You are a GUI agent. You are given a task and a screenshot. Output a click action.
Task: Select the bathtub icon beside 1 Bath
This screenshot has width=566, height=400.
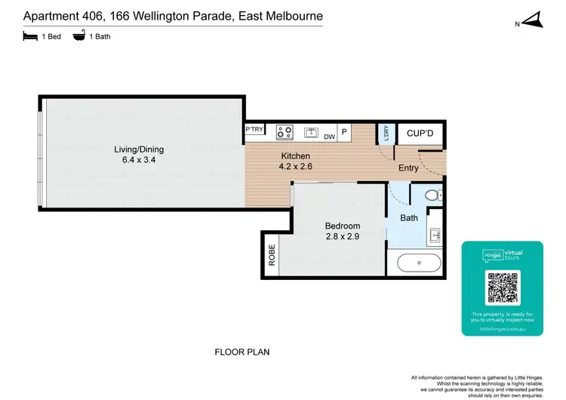click(x=78, y=35)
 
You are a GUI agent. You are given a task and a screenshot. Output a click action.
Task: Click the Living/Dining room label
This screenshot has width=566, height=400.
click(x=139, y=149)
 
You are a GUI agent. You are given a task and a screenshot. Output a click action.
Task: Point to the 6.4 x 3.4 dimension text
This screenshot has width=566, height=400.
click(x=139, y=160)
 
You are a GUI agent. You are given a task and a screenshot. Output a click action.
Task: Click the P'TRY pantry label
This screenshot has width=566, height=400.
click(x=255, y=131)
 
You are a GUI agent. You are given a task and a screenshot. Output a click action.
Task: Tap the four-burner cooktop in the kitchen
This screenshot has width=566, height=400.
click(x=285, y=132)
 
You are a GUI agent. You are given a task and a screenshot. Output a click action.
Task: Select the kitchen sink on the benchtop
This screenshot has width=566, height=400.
click(x=312, y=132)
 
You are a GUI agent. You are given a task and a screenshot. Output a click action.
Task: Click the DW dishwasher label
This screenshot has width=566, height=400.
click(x=329, y=137)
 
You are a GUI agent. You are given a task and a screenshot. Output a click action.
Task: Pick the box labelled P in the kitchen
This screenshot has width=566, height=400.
click(x=343, y=132)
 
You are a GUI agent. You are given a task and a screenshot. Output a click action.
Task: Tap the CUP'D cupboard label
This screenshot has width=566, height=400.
click(x=420, y=134)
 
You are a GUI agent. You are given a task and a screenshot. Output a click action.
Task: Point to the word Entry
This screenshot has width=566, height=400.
click(x=408, y=168)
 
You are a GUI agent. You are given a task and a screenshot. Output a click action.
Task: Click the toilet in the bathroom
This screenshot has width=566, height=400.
click(x=432, y=195)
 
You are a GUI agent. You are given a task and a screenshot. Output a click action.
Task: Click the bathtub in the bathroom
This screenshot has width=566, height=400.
click(x=419, y=264)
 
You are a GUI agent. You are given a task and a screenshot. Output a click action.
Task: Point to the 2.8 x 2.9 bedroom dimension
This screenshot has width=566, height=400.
click(x=343, y=237)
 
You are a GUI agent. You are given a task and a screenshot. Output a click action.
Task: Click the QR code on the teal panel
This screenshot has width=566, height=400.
click(x=502, y=288)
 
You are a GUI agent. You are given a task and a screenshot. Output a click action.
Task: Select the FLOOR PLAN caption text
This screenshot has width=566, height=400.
click(x=242, y=352)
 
